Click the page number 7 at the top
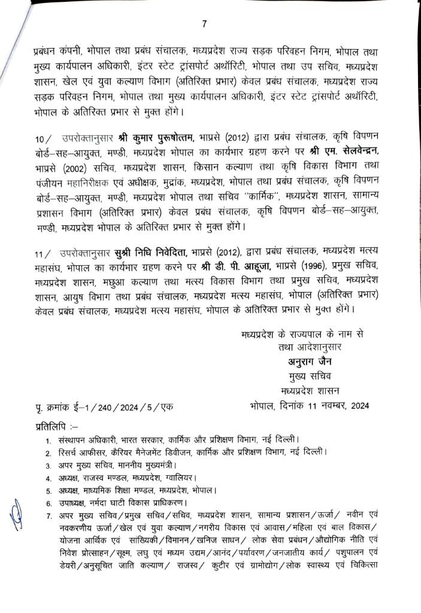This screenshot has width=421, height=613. coord(204,25)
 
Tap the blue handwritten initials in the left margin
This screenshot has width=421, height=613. coord(16,514)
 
